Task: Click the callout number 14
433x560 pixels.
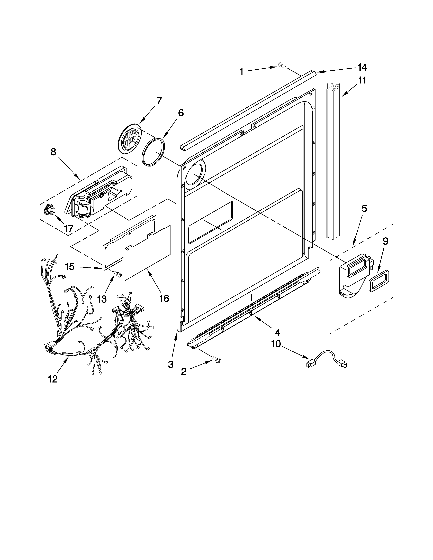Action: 362,67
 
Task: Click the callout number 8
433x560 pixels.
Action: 53,152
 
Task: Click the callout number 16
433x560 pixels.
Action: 164,298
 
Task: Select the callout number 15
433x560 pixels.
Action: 69,267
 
